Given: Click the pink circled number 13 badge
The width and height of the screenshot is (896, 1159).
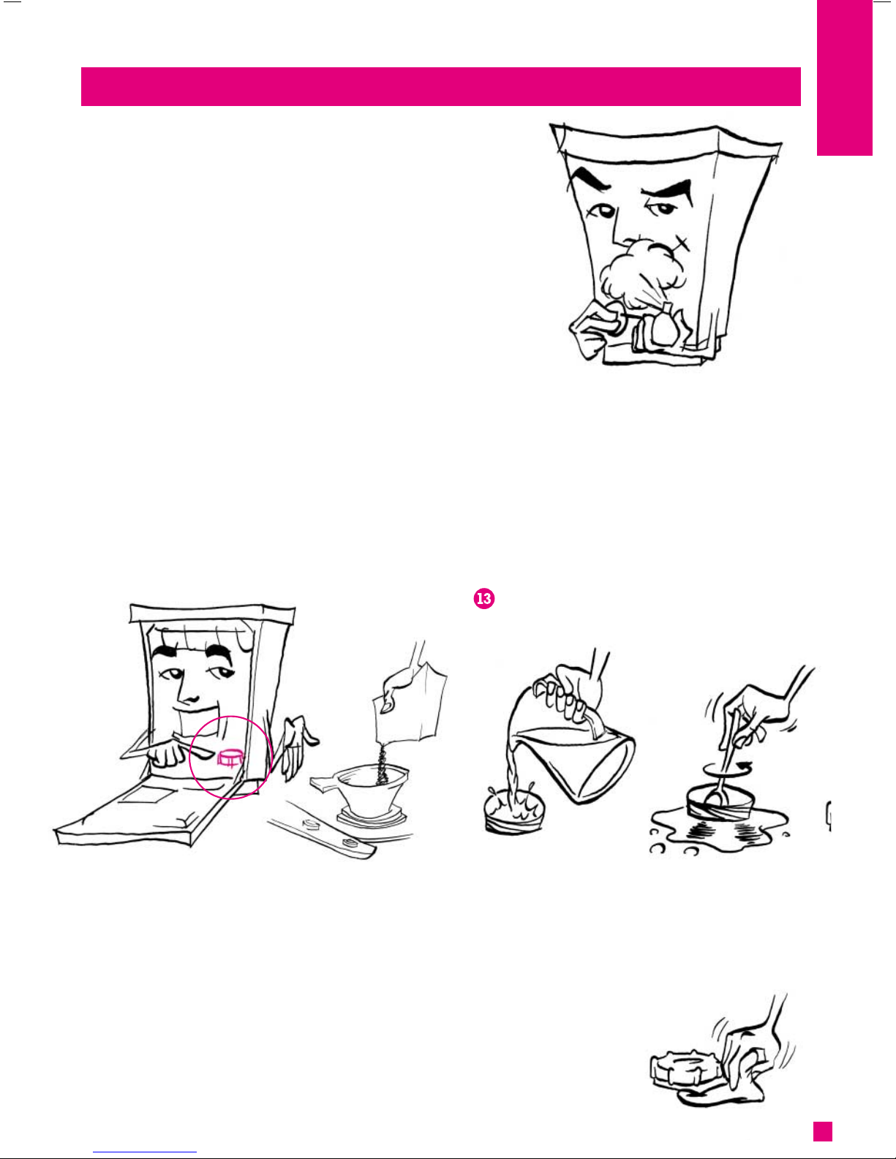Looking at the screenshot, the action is pyautogui.click(x=483, y=598).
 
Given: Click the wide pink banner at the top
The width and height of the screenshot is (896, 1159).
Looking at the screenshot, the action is pyautogui.click(x=440, y=86).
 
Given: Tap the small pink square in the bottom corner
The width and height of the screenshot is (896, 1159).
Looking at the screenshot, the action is pyautogui.click(x=822, y=1131).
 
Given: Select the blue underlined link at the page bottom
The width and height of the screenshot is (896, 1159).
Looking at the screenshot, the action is pyautogui.click(x=145, y=1152).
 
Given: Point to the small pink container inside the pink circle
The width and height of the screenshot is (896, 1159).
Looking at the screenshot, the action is pyautogui.click(x=230, y=758).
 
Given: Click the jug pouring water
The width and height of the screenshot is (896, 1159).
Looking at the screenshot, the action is pyautogui.click(x=573, y=747).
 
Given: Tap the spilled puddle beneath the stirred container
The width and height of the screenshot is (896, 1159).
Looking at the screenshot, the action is pyautogui.click(x=718, y=830).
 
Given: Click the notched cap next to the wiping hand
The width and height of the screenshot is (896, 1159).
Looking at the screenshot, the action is pyautogui.click(x=686, y=1069).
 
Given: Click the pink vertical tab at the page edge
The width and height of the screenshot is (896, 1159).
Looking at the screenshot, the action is pyautogui.click(x=845, y=78).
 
